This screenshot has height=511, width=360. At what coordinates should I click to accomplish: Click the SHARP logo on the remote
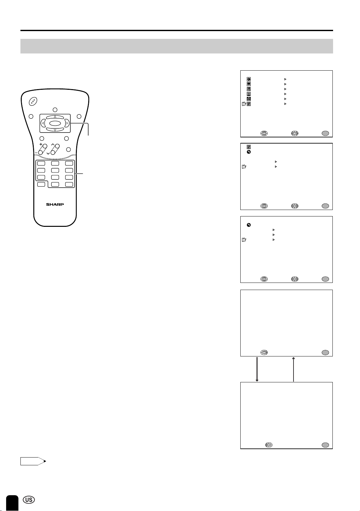click(55, 204)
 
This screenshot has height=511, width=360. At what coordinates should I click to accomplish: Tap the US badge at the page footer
click(29, 500)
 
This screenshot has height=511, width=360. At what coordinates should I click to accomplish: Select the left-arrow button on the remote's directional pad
click(43, 123)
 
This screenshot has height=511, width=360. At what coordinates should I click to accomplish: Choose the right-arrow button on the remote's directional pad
click(67, 123)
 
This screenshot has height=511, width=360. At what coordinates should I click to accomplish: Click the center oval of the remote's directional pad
click(55, 123)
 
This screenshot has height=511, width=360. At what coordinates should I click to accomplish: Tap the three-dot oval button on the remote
click(33, 101)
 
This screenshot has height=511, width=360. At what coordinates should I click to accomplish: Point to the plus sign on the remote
click(41, 144)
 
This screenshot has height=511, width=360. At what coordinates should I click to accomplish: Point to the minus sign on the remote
click(36, 153)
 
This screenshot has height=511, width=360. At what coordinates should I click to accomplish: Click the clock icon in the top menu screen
click(249, 79)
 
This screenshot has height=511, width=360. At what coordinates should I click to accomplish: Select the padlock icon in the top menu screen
click(249, 99)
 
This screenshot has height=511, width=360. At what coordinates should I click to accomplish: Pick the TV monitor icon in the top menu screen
click(249, 84)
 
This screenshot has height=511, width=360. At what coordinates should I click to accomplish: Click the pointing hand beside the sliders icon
click(244, 104)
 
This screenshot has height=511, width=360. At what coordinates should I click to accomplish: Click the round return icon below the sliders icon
click(249, 152)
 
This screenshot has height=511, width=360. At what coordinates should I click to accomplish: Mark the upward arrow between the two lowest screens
click(293, 369)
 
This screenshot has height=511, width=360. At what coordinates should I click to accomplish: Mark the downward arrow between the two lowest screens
click(257, 369)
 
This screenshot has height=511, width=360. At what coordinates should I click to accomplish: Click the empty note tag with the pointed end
click(33, 461)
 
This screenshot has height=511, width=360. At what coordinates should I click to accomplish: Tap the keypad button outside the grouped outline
click(41, 184)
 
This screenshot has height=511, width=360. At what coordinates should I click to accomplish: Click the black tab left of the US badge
click(12, 503)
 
